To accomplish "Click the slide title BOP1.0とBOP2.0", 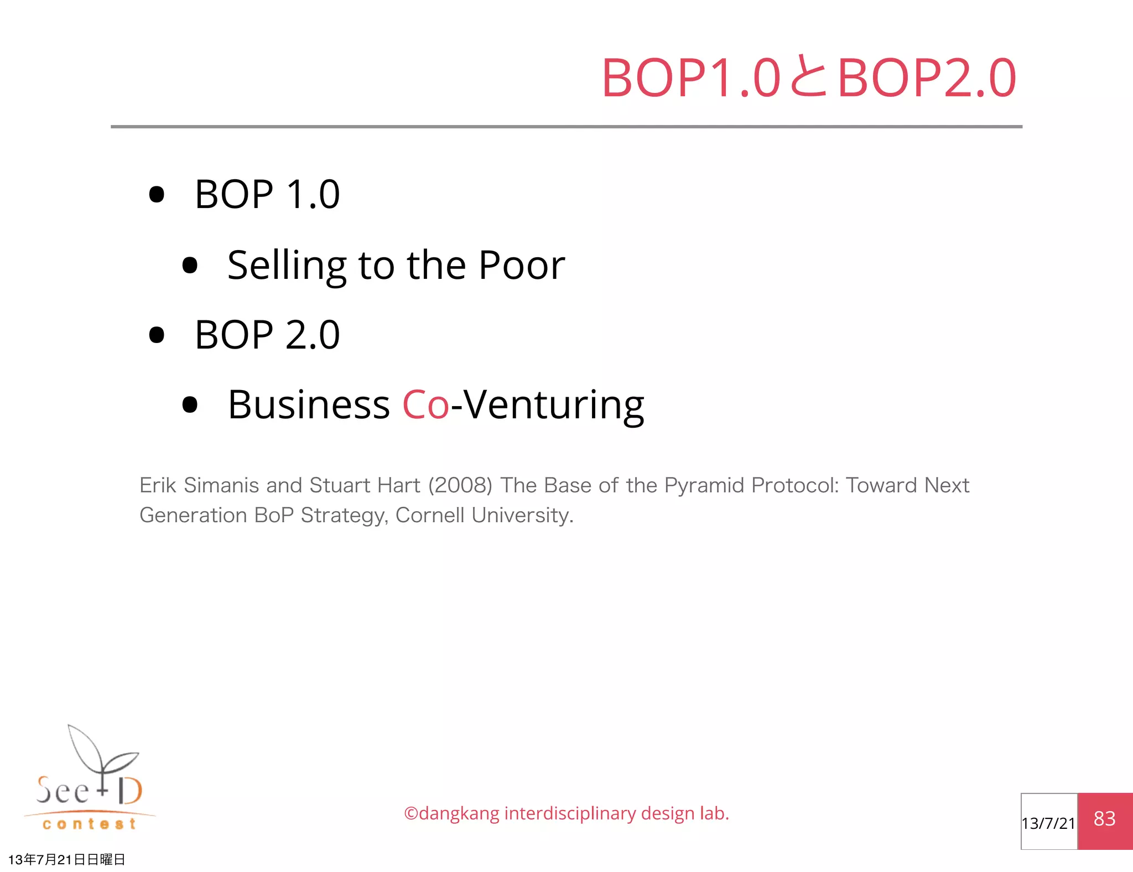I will coord(809,78).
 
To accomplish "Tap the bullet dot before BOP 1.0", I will coord(157,195).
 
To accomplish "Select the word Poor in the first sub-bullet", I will coord(522,265).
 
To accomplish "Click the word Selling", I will coord(287,266).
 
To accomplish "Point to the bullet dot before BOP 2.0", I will coord(157,335).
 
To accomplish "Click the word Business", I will coord(309,404).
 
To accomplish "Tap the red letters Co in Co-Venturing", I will coord(425,404).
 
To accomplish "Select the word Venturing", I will coord(554,406).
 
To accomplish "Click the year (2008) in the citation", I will coord(460,485).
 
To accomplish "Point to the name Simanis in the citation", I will coord(221,485).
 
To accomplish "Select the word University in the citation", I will coord(522,516).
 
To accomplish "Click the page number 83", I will coord(1104,819).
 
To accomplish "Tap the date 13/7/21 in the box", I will coord(1048,823).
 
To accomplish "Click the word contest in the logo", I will coord(89,824).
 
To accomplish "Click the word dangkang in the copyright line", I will coord(459,813).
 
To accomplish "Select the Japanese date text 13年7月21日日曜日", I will coord(67,859).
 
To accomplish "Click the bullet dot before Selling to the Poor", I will coord(190,265).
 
